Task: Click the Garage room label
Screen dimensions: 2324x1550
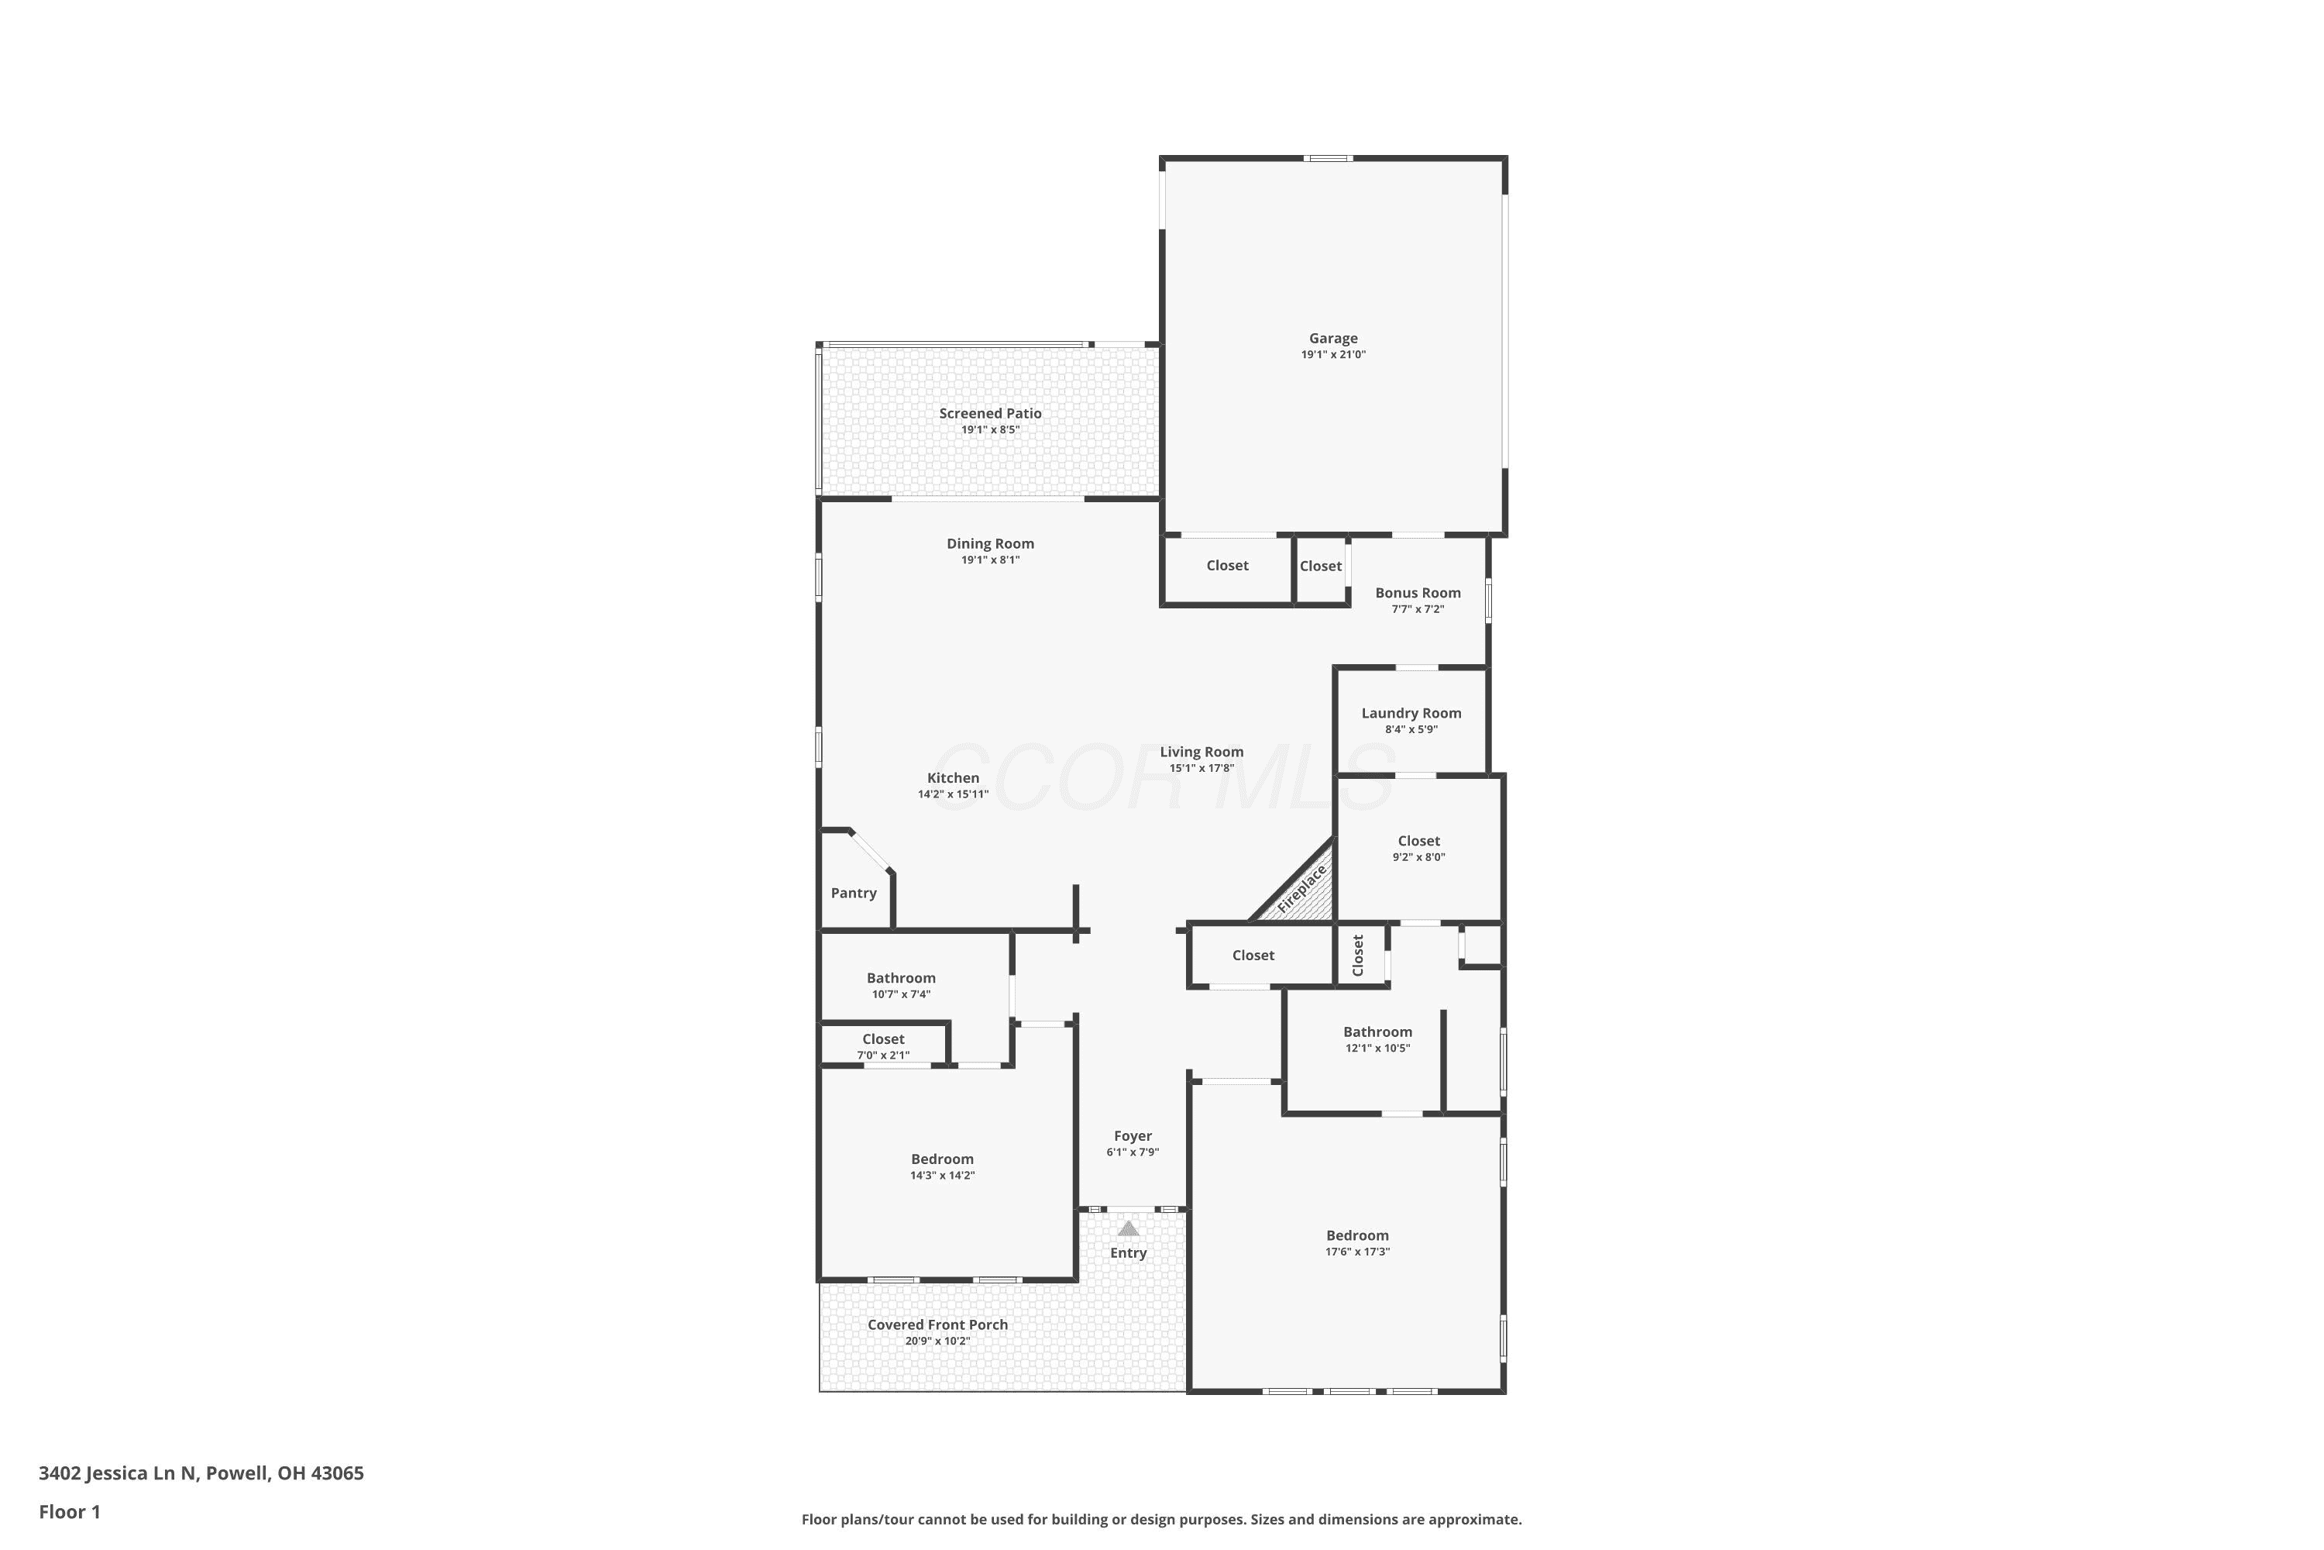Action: tap(1333, 338)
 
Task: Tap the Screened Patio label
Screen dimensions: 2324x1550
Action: tap(990, 413)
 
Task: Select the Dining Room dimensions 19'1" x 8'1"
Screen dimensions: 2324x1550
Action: tap(990, 560)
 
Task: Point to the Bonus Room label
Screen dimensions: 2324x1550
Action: tap(1418, 593)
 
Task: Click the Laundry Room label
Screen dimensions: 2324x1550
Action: tap(1411, 713)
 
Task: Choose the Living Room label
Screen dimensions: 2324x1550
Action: tap(1202, 751)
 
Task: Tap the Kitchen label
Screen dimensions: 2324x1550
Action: tap(954, 778)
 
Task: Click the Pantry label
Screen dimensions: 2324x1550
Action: tap(854, 893)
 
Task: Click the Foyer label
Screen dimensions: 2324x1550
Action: tap(1133, 1136)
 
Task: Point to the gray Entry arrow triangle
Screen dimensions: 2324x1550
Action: tap(1129, 1228)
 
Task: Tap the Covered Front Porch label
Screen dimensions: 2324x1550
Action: tap(937, 1324)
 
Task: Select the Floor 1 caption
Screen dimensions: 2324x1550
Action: tap(69, 1511)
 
